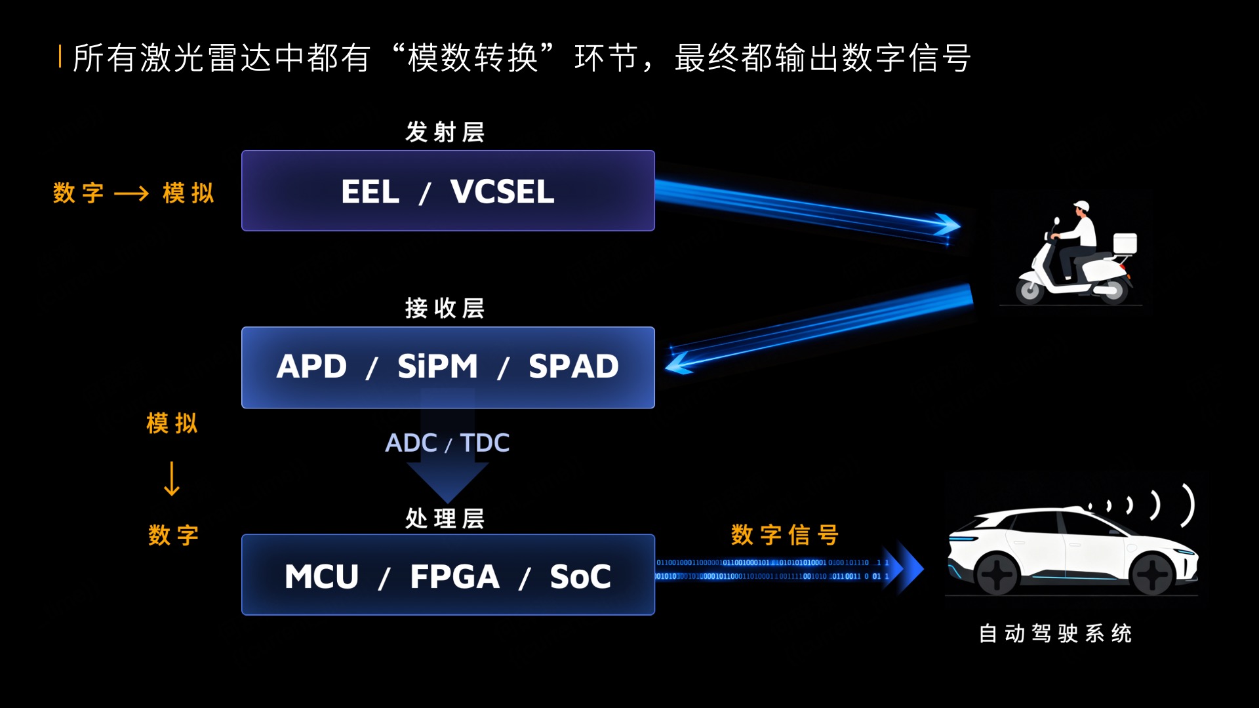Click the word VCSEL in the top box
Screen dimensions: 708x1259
pyautogui.click(x=502, y=192)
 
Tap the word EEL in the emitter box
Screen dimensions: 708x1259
pyautogui.click(x=370, y=192)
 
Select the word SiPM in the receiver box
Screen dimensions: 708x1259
pyautogui.click(x=437, y=366)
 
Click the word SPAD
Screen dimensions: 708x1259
pyautogui.click(x=573, y=366)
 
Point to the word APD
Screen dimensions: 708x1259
pyautogui.click(x=311, y=366)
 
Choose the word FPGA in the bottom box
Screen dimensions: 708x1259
pyautogui.click(x=454, y=577)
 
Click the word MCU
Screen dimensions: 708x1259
pyautogui.click(x=321, y=577)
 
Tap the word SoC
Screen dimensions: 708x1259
pyautogui.click(x=580, y=577)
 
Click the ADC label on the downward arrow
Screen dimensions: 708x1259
pyautogui.click(x=410, y=443)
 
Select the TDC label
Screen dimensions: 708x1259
pyautogui.click(x=485, y=443)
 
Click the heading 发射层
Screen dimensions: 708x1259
pyautogui.click(x=445, y=132)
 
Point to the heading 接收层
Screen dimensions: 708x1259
pyautogui.click(x=445, y=308)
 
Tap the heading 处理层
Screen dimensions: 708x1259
pyautogui.click(x=445, y=519)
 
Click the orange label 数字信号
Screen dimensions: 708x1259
pyautogui.click(x=784, y=535)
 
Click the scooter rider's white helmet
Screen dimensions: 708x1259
pyautogui.click(x=1081, y=206)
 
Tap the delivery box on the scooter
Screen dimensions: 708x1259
pyautogui.click(x=1125, y=243)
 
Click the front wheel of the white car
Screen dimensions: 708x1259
pyautogui.click(x=997, y=575)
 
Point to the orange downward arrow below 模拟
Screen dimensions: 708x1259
pyautogui.click(x=172, y=479)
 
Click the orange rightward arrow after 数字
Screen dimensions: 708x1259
pyautogui.click(x=131, y=193)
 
